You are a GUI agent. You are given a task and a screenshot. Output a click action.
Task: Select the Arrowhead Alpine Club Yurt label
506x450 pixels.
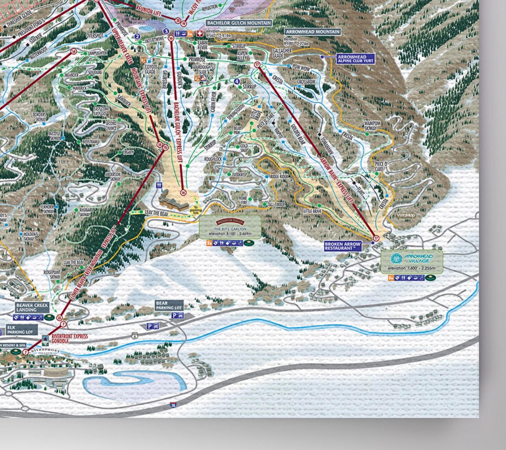click(351, 59)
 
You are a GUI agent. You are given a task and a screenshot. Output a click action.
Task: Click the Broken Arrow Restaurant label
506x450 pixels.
click(343, 246)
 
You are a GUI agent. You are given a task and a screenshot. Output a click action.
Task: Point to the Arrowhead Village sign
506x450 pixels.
click(412, 262)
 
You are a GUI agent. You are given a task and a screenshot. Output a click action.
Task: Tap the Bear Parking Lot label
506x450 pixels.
click(169, 305)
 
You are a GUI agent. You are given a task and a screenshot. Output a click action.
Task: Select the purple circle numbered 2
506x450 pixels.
click(137, 36)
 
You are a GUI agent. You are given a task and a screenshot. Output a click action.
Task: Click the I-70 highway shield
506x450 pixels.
click(172, 404)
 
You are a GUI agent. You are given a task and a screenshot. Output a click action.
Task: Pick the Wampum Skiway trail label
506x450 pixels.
click(372, 125)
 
